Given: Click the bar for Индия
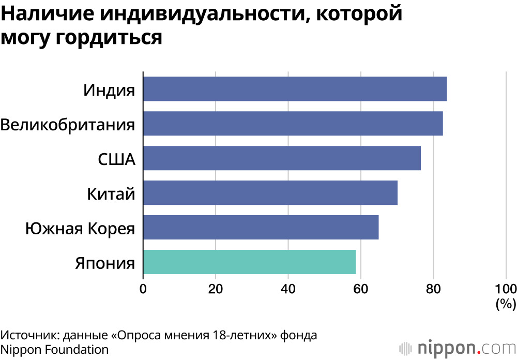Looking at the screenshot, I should tap(295, 89).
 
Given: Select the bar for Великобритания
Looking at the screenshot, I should tap(293, 124).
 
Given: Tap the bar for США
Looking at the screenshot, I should tap(282, 158).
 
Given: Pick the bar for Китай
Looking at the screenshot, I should tap(270, 193).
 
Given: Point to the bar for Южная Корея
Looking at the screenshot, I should tap(261, 228).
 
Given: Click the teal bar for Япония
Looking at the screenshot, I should tap(249, 262).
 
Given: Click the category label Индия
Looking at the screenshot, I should tap(109, 90).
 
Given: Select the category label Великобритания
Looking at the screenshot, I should tap(68, 125).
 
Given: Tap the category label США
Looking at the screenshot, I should tap(117, 159).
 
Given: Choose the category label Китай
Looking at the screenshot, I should tap(111, 194).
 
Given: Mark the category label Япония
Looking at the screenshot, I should tap(105, 263).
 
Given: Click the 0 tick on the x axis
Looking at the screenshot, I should tap(143, 288).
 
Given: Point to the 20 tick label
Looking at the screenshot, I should tap(216, 288).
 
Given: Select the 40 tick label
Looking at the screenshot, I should tap(288, 288).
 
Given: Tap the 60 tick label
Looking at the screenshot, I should tap(360, 288).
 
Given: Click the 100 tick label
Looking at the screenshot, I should tap(505, 288).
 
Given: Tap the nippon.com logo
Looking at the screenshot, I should tap(457, 346).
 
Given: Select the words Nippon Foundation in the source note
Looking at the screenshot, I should tap(54, 350).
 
